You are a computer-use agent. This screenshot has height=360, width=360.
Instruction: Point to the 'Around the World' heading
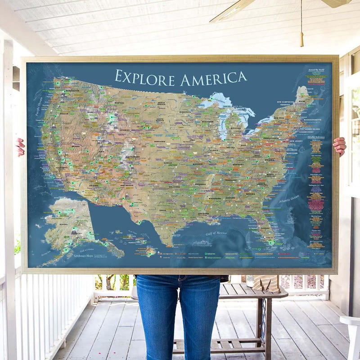[316, 70]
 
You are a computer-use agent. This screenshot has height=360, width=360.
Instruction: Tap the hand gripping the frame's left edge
[20, 147]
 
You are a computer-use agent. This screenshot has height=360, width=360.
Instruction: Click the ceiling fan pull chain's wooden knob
[301, 39]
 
